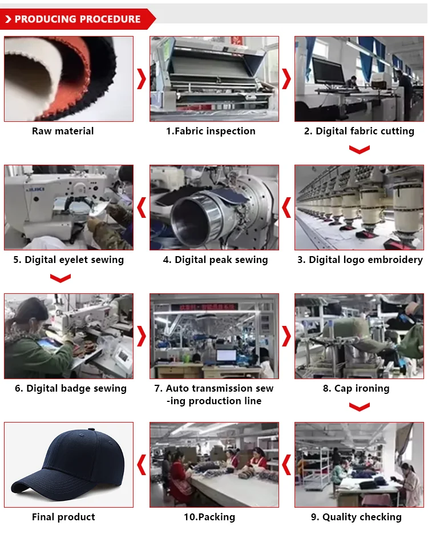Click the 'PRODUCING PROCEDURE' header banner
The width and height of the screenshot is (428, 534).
78,19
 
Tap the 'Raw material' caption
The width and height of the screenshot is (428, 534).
63,131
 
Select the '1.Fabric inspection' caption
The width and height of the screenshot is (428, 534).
211,131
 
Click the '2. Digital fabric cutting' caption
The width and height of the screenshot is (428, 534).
359,131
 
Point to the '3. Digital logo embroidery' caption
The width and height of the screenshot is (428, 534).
360,260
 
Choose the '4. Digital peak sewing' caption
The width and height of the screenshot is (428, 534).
215,260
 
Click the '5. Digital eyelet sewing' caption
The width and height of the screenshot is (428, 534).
68,260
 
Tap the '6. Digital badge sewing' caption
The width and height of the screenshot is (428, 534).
70,389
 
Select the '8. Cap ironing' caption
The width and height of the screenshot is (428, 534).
356,389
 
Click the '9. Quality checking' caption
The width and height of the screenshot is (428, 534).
356,517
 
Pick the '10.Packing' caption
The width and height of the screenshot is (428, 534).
209,517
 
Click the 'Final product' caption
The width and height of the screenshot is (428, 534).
63,517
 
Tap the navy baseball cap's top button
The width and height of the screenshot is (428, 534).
91,430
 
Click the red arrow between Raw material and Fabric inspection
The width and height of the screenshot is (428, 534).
142,79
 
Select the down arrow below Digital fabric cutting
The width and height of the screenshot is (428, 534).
360,150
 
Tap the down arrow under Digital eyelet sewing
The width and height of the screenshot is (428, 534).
60,278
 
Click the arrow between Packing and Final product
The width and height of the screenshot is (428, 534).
142,465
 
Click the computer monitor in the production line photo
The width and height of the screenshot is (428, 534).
227,356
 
